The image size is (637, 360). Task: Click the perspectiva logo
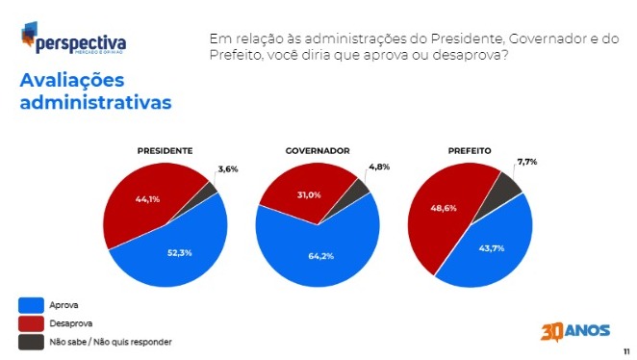coord(73,39)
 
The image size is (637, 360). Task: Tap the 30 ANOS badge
coord(575,331)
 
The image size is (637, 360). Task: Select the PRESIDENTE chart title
coord(165,151)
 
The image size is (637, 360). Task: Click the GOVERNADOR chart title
coord(318,151)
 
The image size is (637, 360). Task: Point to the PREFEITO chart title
coord(470,151)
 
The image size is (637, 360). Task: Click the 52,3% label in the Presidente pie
coord(180,253)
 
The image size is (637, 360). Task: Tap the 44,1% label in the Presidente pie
coord(147,199)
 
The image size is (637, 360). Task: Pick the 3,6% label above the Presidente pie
coord(228,169)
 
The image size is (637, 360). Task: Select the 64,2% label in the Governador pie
coord(321,256)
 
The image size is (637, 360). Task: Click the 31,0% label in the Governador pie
coord(309,195)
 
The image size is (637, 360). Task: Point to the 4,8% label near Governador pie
coord(379,167)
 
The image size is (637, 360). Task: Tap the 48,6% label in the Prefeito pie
coord(444,208)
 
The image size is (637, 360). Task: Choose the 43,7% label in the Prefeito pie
coord(492,247)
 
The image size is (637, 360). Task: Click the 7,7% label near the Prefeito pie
coord(527,162)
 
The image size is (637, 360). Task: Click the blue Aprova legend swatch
coord(32,305)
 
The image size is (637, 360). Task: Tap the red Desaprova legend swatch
coord(32,323)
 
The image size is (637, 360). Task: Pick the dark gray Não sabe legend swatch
coord(32,342)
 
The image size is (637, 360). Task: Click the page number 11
coord(626,351)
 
